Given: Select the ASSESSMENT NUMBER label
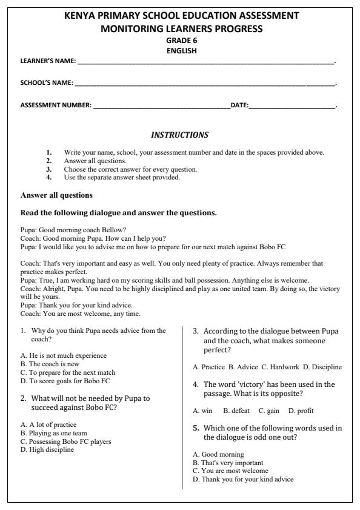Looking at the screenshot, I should [56, 106].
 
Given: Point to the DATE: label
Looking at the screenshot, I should [239, 106].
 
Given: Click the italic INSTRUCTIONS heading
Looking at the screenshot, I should [179, 134].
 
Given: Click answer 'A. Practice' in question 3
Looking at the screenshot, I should [208, 367].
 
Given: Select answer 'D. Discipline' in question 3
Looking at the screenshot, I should [322, 367].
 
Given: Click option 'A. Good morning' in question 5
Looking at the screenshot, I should [219, 454].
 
